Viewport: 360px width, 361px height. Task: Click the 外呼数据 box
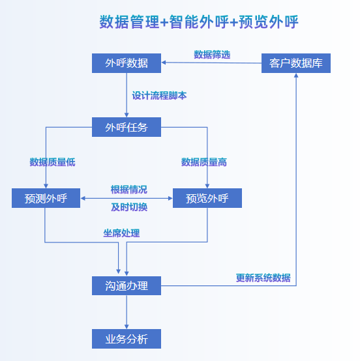127,63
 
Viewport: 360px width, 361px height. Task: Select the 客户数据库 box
296,63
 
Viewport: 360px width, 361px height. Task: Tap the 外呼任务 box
127,127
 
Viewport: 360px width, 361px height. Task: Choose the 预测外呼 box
46,198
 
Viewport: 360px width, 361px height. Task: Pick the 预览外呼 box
207,198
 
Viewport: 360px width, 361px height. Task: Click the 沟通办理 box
127,285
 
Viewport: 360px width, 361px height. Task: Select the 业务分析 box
127,339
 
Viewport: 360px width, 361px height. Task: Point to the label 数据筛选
212,55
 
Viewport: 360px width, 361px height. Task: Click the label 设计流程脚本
159,95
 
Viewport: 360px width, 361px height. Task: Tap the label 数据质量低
52,162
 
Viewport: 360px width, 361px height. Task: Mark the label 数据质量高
203,162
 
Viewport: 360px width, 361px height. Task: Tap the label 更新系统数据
263,278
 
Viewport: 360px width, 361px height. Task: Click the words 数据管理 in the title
129,22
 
